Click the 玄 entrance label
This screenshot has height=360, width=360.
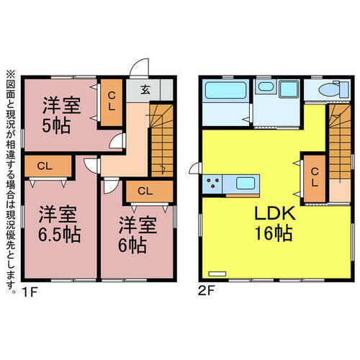click(x=145, y=90)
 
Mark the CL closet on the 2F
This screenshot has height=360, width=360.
click(x=314, y=176)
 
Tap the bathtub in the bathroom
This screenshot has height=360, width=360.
click(x=225, y=91)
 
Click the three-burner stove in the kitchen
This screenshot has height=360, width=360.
click(x=213, y=183)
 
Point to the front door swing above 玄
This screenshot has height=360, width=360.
click(x=137, y=68)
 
